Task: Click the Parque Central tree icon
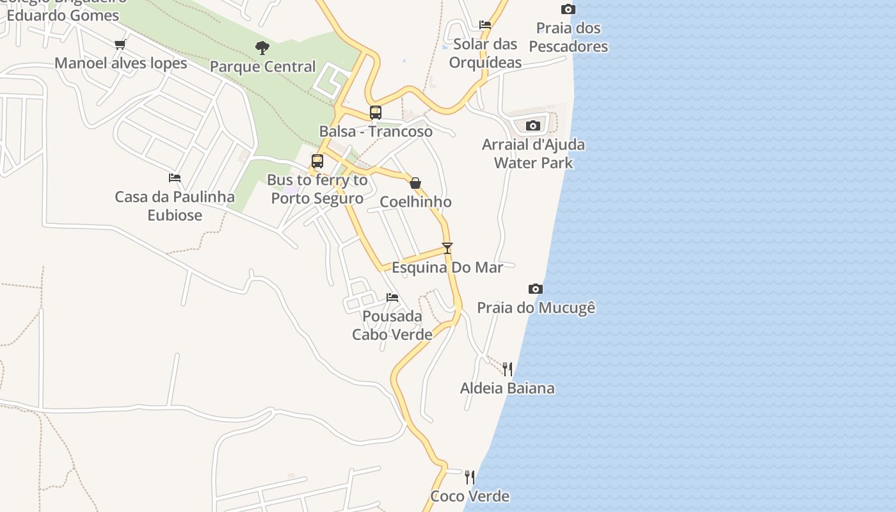[x=262, y=47]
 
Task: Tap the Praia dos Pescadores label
[x=568, y=37]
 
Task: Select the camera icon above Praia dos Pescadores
[x=568, y=9]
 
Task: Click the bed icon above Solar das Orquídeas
[x=485, y=25]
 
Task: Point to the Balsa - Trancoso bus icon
[x=376, y=113]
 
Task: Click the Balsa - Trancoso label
[x=376, y=132]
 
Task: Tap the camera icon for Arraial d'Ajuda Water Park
[x=533, y=125]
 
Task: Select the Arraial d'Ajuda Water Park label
[x=533, y=154]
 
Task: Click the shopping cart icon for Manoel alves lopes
[x=120, y=44]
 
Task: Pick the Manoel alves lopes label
[x=121, y=63]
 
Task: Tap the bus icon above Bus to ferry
[x=317, y=161]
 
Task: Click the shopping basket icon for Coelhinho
[x=415, y=184]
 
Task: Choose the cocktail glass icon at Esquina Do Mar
[x=447, y=248]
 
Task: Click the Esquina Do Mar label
[x=447, y=268]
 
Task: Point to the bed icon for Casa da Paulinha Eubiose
[x=175, y=178]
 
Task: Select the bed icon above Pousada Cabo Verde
[x=392, y=298]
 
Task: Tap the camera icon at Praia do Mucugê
[x=536, y=289]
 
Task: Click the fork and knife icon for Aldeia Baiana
[x=508, y=369]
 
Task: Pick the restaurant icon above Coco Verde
[x=470, y=477]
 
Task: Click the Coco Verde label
[x=470, y=496]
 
